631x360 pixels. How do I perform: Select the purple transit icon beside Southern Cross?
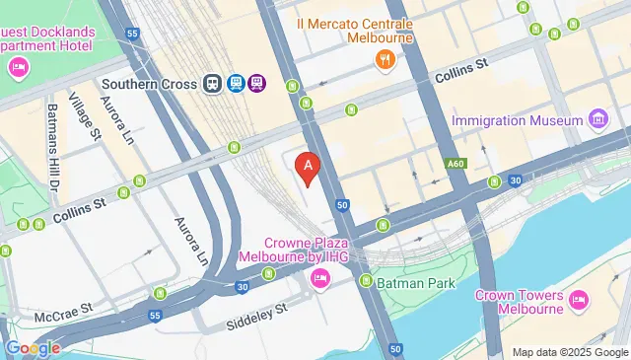tap(256, 84)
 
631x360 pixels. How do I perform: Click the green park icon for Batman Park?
tap(366, 282)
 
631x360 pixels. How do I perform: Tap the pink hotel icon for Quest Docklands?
tap(18, 67)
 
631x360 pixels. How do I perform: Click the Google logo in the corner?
tap(33, 347)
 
